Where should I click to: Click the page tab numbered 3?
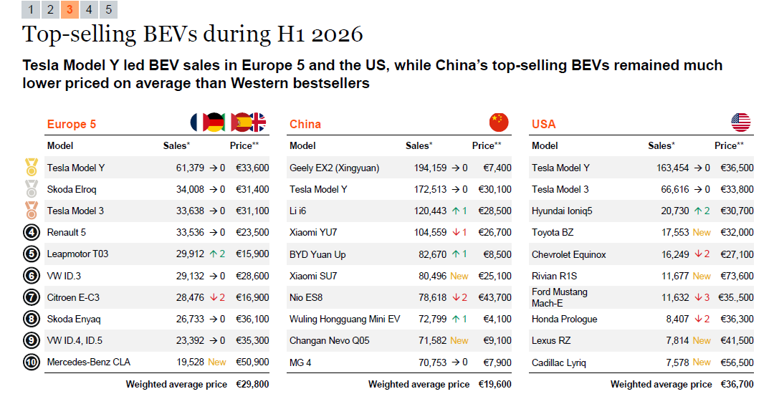(70, 9)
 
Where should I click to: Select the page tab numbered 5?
(109, 9)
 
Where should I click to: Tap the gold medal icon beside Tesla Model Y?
(32, 167)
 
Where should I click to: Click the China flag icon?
(499, 122)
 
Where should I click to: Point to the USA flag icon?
(740, 122)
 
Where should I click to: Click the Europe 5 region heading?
(72, 125)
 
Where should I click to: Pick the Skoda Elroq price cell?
(252, 189)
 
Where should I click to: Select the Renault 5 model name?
(66, 232)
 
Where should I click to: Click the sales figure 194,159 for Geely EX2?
(430, 168)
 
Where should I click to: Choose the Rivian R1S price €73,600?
(737, 277)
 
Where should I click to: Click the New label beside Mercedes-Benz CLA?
(216, 362)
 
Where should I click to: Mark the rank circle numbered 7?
(32, 297)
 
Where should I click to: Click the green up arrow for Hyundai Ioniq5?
(698, 211)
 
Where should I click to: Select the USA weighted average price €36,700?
(737, 384)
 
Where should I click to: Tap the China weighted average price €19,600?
(494, 384)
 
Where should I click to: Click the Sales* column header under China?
(419, 145)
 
